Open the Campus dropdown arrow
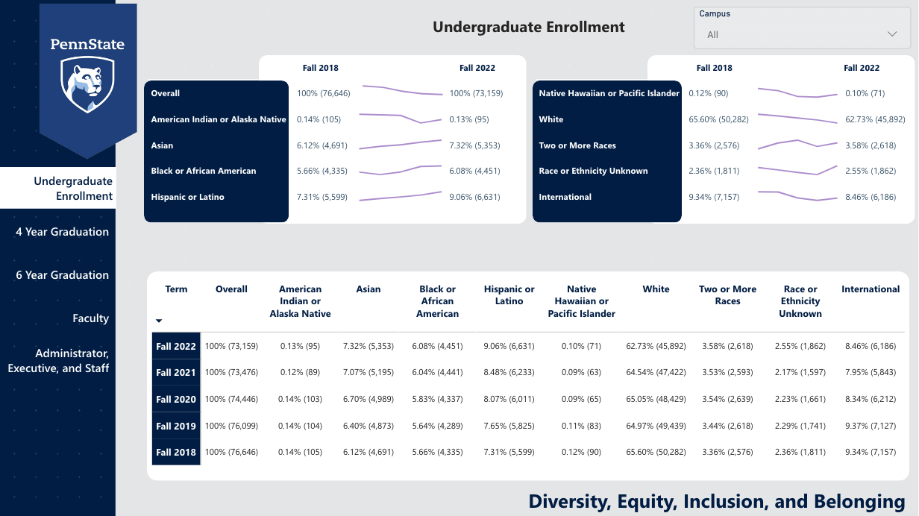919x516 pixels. click(x=892, y=34)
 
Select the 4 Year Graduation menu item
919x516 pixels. click(x=63, y=232)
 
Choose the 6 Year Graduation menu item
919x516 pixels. click(x=63, y=275)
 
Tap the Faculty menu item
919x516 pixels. click(x=90, y=318)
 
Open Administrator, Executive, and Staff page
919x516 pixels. click(x=59, y=361)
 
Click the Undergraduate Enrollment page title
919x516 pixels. click(x=529, y=28)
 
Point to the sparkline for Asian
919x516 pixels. click(x=400, y=144)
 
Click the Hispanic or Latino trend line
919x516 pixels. click(x=400, y=197)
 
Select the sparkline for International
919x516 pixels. click(x=797, y=195)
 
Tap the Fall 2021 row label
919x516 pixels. click(x=176, y=373)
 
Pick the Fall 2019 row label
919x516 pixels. click(x=176, y=426)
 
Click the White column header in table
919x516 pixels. click(x=656, y=289)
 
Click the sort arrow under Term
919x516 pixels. click(x=159, y=321)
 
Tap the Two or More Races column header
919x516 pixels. click(x=727, y=295)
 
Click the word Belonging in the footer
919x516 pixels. click(x=859, y=501)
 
